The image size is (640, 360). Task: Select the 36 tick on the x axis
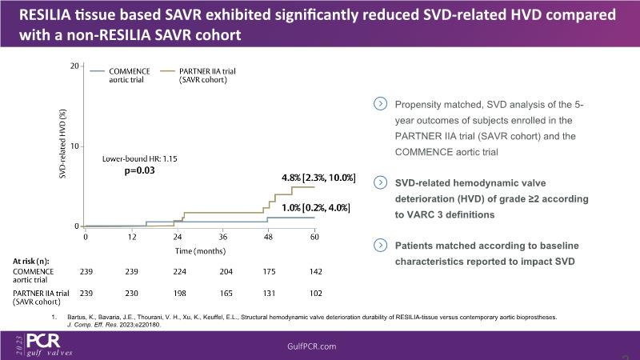pyautogui.click(x=223, y=238)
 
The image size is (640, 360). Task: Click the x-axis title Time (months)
pyautogui.click(x=201, y=250)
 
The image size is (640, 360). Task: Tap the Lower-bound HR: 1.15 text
pyautogui.click(x=139, y=159)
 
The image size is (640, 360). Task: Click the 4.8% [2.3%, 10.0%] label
pyautogui.click(x=318, y=177)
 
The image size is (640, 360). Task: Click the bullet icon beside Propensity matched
pyautogui.click(x=380, y=103)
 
